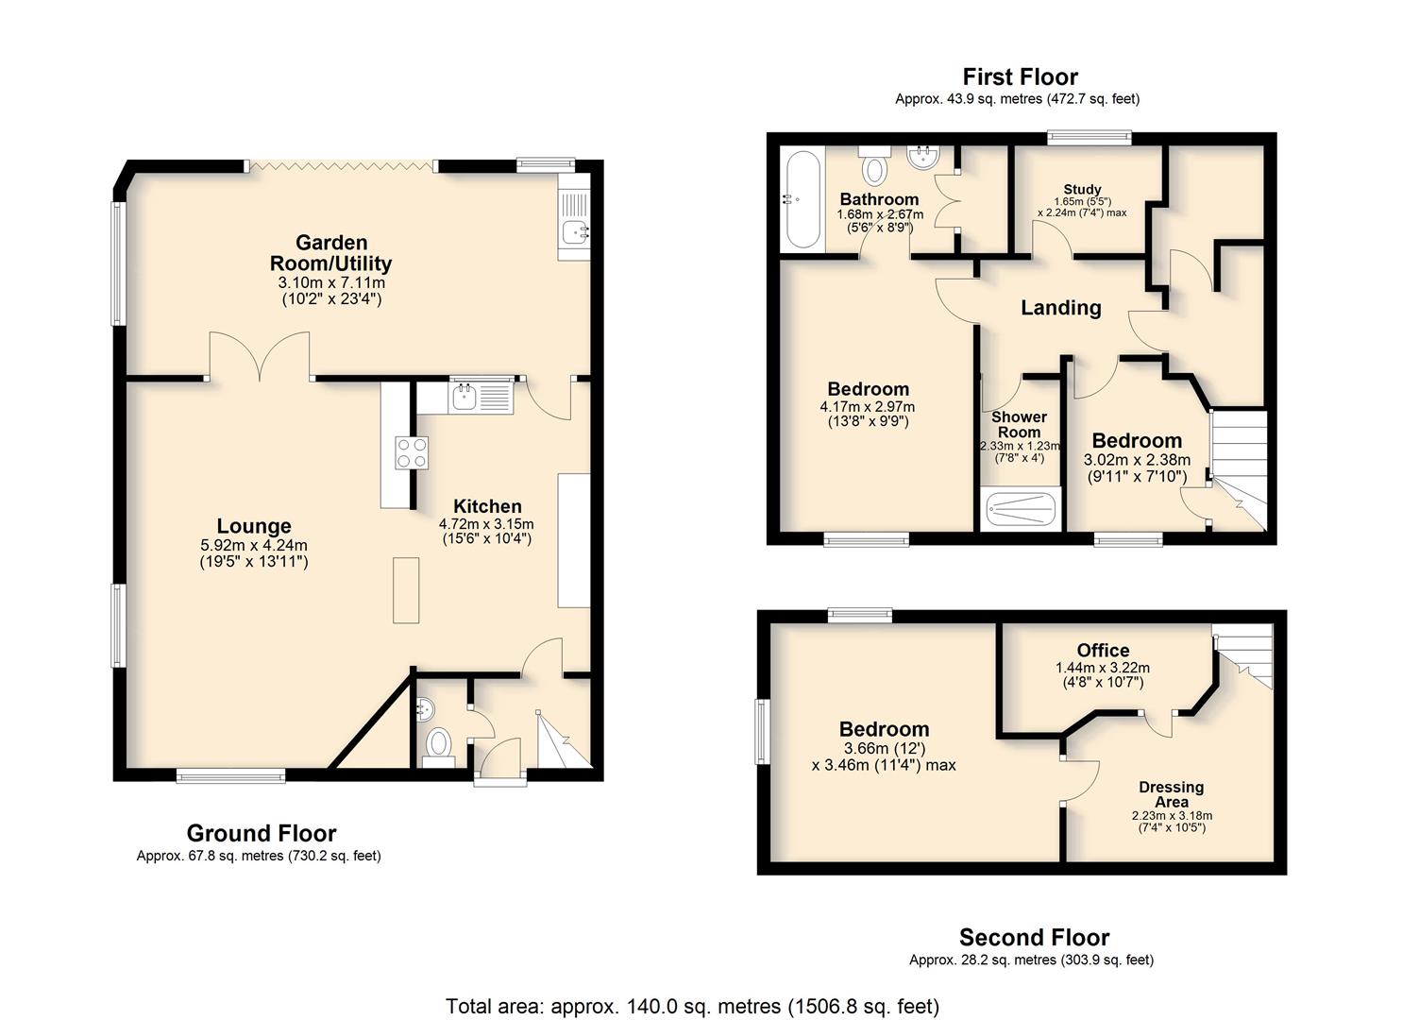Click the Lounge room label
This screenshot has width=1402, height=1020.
253,526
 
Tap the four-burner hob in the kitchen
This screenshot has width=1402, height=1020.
412,452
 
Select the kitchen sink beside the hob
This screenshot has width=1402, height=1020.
481,397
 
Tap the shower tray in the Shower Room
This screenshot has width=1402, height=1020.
1021,510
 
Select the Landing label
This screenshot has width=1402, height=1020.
1061,308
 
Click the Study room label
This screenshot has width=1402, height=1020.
1082,189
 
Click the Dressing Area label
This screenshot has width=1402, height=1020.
1171,794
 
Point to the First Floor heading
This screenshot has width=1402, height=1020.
1021,76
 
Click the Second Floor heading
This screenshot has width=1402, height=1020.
1034,937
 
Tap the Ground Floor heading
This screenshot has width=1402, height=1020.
262,833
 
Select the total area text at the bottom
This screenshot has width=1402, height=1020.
692,1006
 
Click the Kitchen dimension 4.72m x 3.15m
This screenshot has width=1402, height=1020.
486,523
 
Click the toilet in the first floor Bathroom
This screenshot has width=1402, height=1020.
874,164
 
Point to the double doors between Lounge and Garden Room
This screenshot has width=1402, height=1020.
260,356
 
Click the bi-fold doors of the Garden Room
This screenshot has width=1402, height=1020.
341,166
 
